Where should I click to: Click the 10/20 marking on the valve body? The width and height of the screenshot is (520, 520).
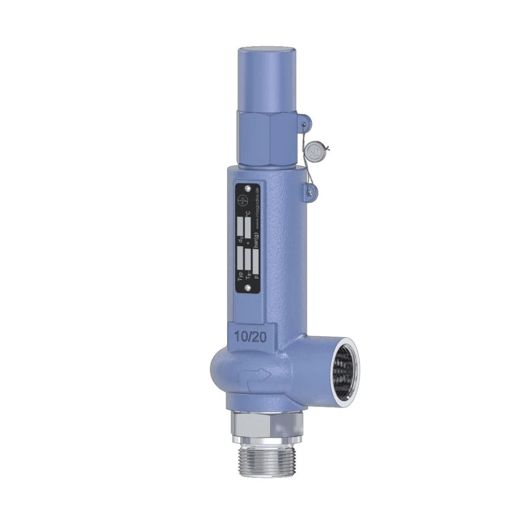point(246,335)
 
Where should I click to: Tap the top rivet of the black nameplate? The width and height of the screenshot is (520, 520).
point(247,189)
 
